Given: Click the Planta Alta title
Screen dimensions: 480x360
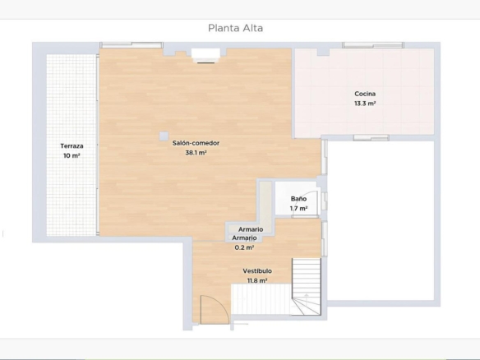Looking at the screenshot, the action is point(235,28).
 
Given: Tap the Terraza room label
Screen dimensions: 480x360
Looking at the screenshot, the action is point(72,146).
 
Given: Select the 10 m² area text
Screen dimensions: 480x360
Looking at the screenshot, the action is point(72,155).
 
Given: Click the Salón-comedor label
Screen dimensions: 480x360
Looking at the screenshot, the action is point(196,143).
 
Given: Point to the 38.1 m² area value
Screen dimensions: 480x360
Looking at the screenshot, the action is point(196,152).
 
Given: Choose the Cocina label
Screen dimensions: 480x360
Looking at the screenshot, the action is point(365,94).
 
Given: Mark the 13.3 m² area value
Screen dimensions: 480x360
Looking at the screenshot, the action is point(365,104).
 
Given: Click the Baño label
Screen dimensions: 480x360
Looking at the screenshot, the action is point(299,199).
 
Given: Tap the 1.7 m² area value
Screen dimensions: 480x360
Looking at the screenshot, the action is point(299,209).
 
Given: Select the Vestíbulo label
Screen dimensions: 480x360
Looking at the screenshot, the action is point(257,271).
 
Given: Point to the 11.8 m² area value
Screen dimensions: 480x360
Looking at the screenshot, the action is point(257,280).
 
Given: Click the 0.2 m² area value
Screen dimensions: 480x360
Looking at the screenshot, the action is point(244,247).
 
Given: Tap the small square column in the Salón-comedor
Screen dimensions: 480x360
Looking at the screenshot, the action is point(164,136).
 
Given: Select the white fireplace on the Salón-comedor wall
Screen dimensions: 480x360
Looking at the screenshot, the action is point(205,53).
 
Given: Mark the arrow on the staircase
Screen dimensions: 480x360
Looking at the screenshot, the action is point(306,298).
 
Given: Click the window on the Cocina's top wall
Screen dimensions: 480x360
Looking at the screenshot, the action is point(373,45).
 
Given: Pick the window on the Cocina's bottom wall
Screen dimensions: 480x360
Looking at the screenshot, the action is point(371,138).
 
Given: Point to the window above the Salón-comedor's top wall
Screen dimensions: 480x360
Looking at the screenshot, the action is point(132,45).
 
